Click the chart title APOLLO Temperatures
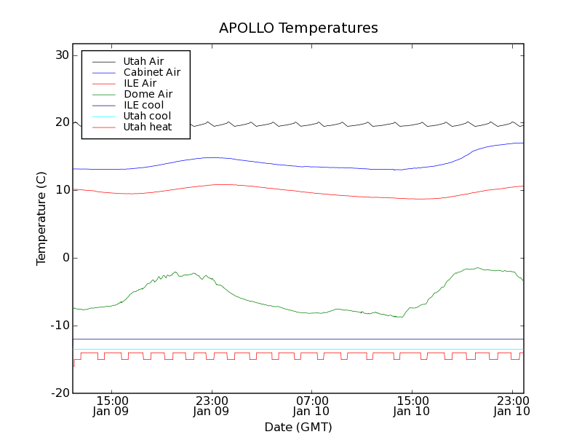coord(298,28)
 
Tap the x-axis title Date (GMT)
coord(298,427)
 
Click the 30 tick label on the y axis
coord(61,55)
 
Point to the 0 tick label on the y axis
coord(65,258)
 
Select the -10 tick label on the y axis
coord(59,326)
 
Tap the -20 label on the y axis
coord(59,393)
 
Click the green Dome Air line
coord(291,308)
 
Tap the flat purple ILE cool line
coord(291,339)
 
